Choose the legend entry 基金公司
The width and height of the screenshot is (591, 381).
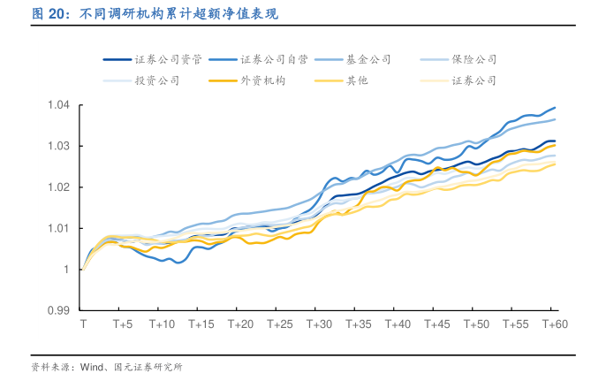[367, 60]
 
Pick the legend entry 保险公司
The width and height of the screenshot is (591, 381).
[474, 60]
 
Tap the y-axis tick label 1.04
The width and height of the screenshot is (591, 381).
[58, 105]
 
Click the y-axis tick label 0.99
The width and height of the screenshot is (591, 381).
[58, 311]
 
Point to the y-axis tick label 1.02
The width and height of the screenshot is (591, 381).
[58, 187]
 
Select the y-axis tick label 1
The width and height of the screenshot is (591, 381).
[66, 270]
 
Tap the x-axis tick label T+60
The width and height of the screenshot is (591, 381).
[553, 325]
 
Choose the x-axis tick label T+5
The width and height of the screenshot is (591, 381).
[122, 325]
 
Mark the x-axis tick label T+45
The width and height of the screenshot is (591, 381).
[436, 325]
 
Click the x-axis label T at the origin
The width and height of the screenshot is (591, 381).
[83, 325]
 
